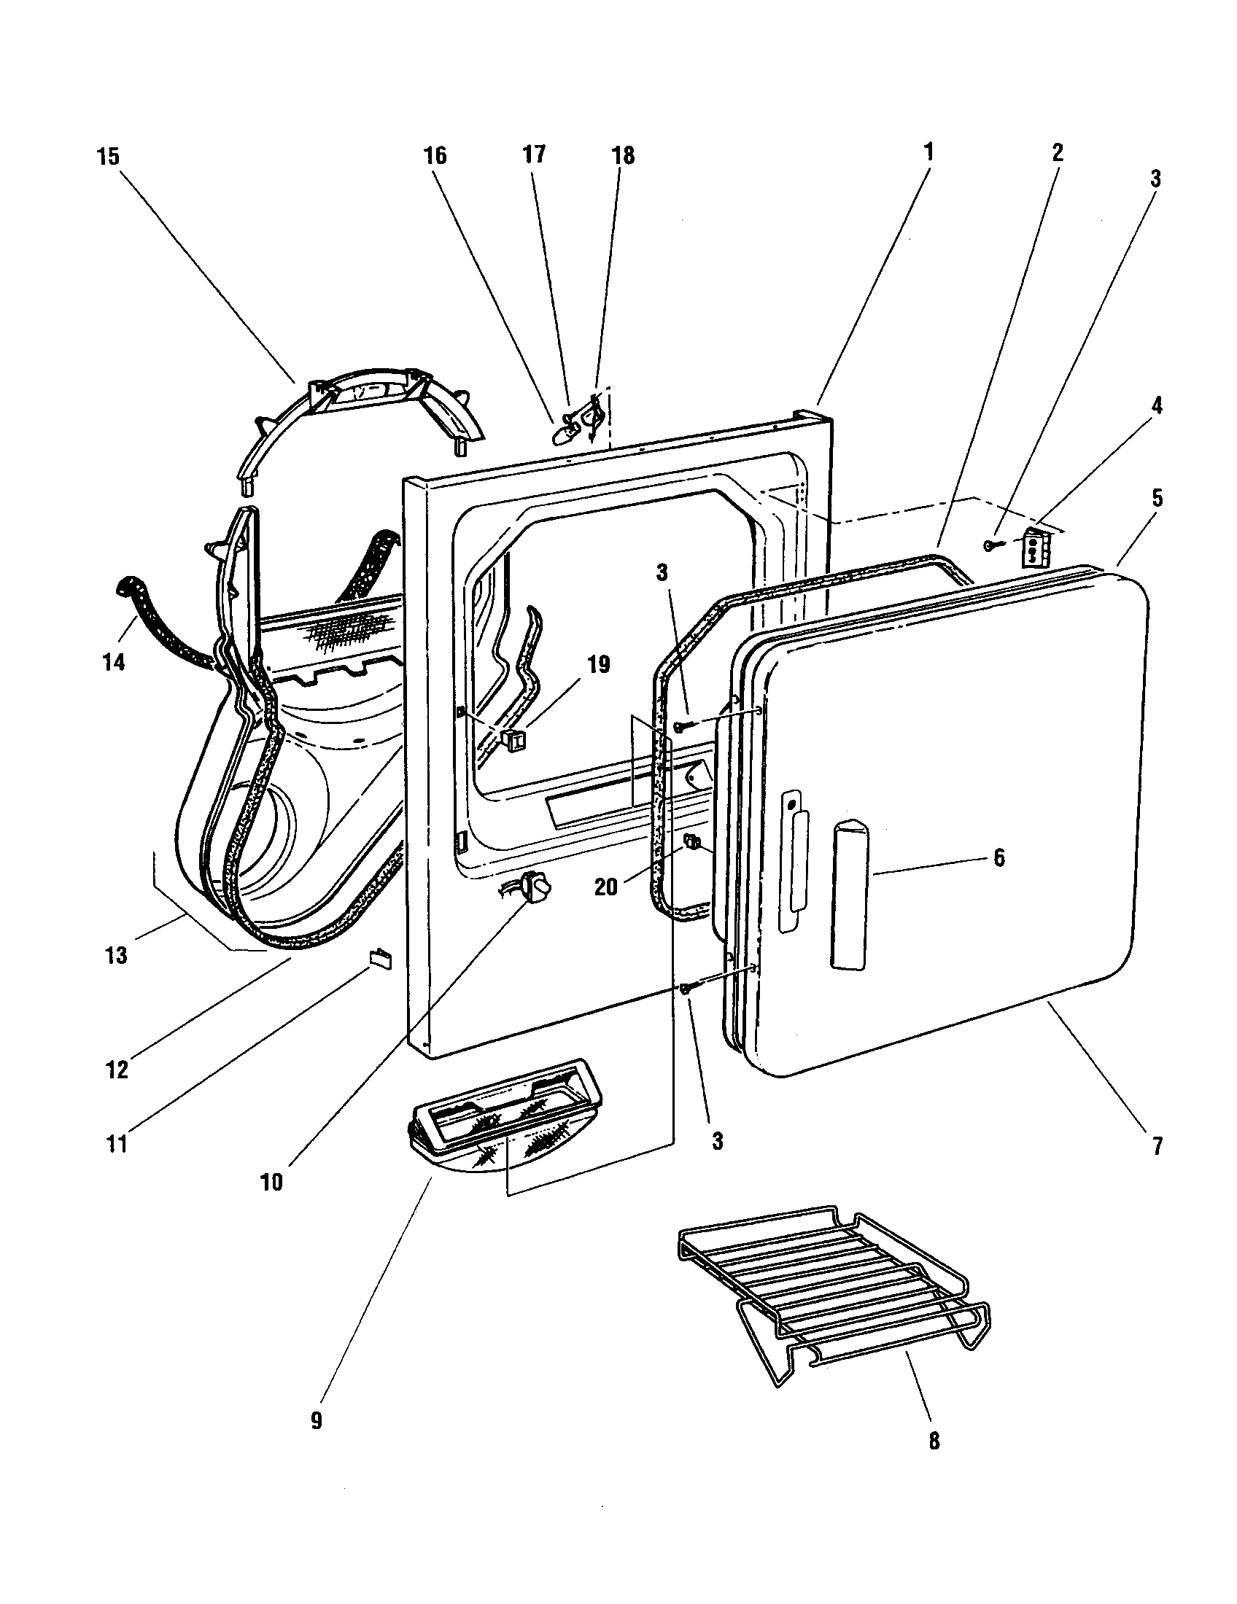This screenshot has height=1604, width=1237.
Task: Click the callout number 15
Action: [x=108, y=157]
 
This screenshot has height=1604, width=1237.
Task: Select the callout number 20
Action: [x=606, y=887]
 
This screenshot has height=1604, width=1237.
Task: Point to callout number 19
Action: [x=599, y=665]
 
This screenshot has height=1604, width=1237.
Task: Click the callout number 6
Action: [x=999, y=858]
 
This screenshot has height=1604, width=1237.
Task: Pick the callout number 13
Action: [x=117, y=956]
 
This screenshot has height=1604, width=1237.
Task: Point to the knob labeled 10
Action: [x=536, y=889]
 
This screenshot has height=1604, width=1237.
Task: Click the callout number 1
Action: [x=928, y=152]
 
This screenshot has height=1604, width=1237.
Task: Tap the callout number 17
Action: [x=535, y=155]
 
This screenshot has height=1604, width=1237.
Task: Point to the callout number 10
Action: [x=271, y=1183]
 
